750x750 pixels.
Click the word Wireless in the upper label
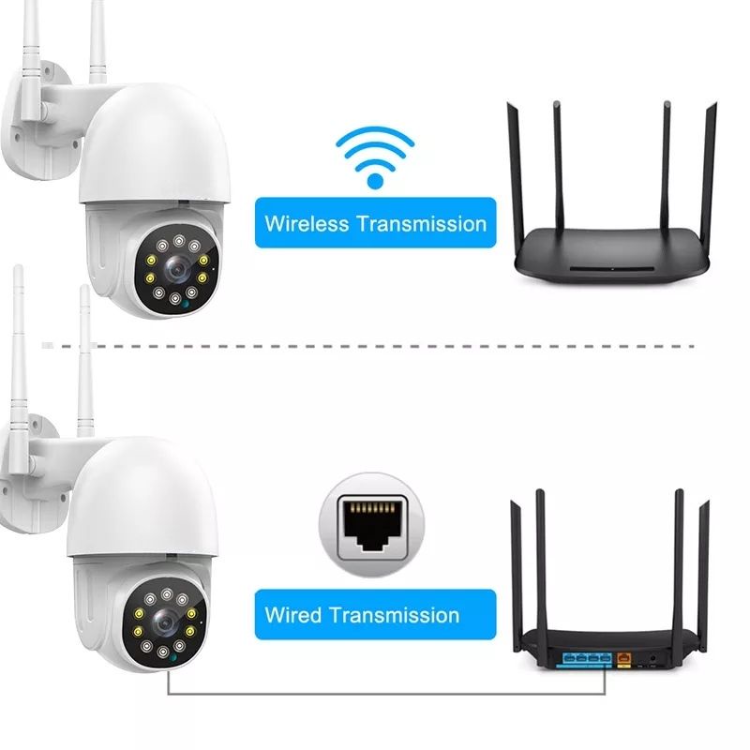(x=307, y=224)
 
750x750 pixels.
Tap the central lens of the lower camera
(x=163, y=620)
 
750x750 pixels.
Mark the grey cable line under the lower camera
(x=375, y=695)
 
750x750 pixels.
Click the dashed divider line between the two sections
(x=375, y=346)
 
